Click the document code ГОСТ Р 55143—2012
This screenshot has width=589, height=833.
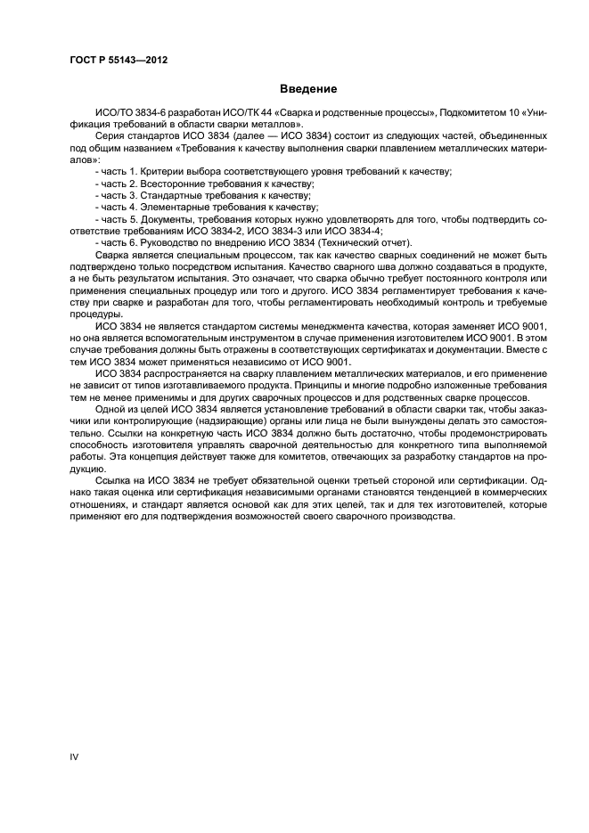tap(119, 59)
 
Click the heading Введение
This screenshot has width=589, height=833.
tap(309, 89)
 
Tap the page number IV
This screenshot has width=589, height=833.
tap(75, 757)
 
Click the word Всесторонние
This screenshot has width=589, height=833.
tap(165, 182)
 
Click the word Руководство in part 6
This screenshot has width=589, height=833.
tap(166, 241)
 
